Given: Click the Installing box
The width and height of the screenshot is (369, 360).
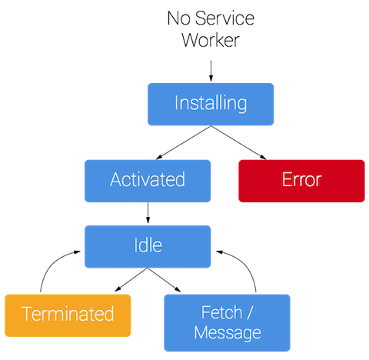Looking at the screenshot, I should tap(210, 103).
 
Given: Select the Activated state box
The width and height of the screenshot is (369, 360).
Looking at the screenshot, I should tap(147, 180).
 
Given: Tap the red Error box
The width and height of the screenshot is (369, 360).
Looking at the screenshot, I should tap(301, 180).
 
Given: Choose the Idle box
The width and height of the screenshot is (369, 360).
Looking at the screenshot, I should tap(147, 246).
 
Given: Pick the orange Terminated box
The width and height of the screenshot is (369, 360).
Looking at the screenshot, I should tap(68, 315).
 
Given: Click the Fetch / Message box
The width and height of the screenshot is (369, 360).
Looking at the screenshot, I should tap(227, 322).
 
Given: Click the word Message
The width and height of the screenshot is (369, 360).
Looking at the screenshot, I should tap(228, 332).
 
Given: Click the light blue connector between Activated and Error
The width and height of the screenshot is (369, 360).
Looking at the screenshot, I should tap(224, 180).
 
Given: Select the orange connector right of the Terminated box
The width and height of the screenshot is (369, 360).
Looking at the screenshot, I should tap(146, 315).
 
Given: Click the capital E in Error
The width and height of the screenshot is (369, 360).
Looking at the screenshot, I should tap(287, 180).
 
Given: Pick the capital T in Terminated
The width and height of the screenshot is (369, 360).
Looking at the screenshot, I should tap(26, 315).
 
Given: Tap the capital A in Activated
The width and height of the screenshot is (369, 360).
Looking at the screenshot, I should tap(116, 180).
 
